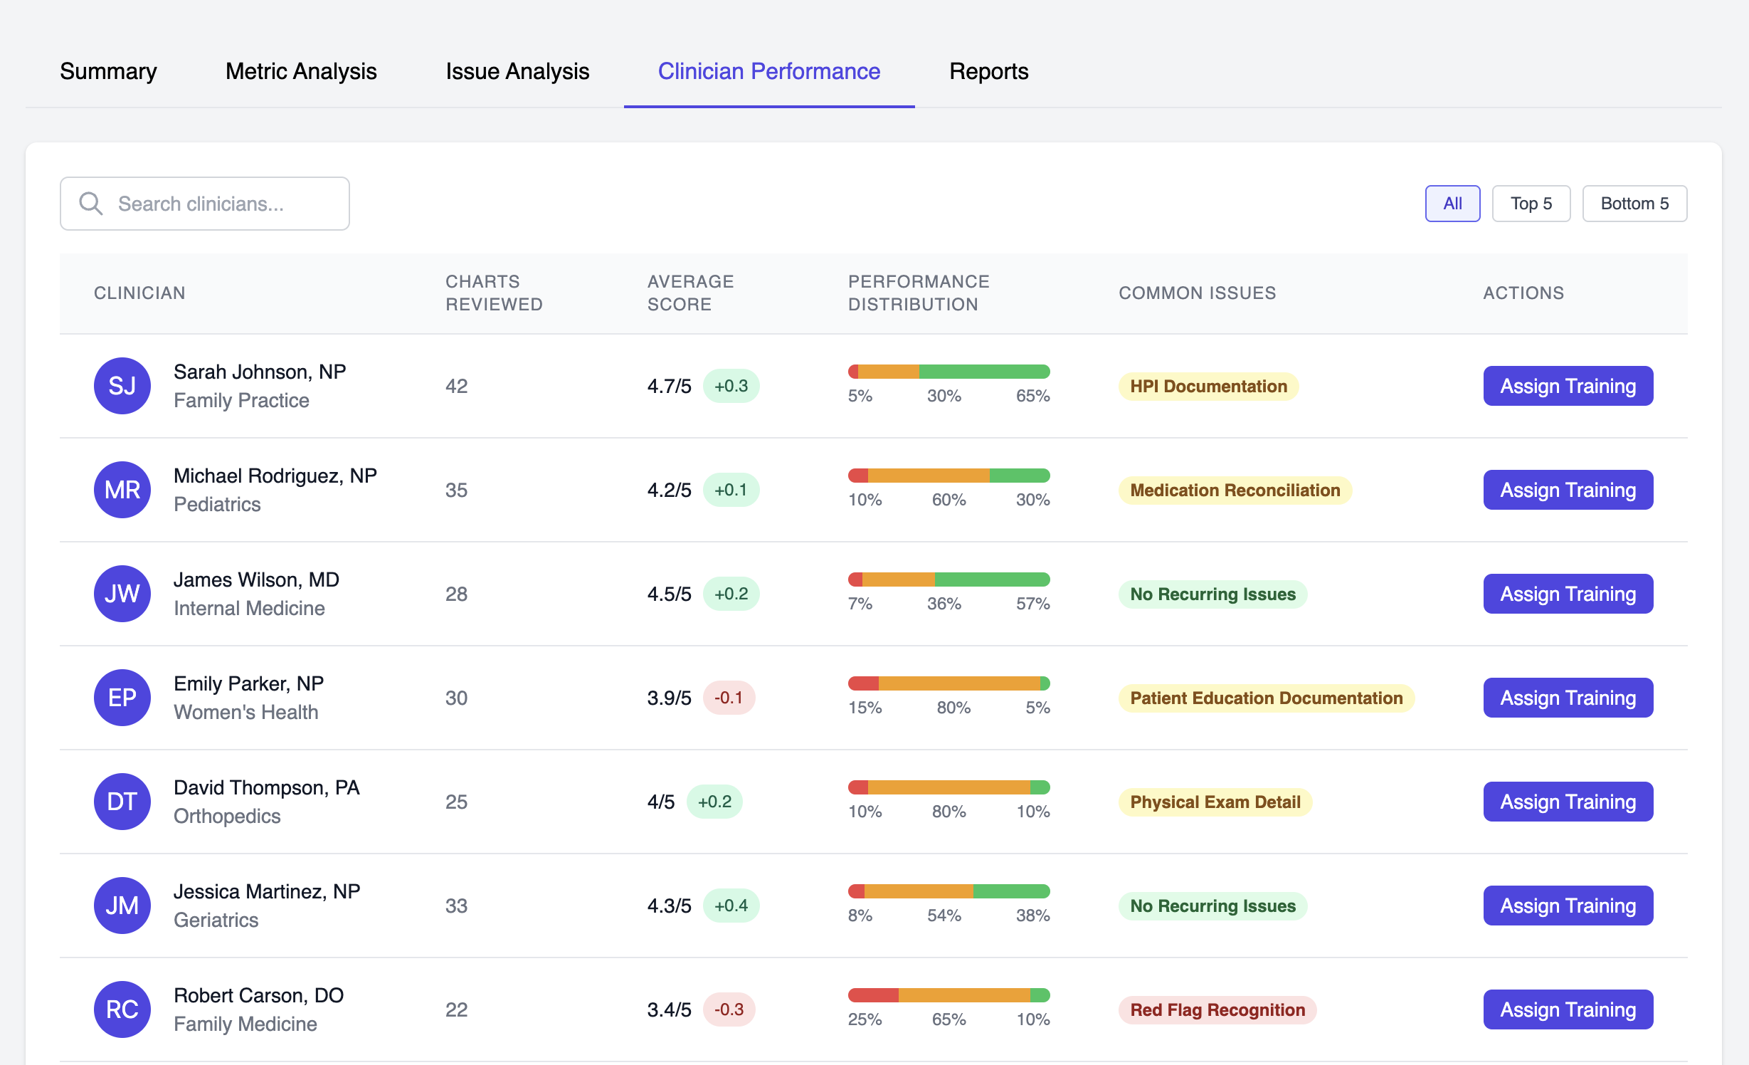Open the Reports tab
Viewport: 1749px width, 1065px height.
[x=988, y=71]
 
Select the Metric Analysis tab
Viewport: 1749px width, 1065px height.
[x=301, y=71]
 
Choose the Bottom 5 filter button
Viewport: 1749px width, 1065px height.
[x=1634, y=204]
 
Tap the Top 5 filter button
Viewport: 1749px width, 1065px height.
[x=1531, y=204]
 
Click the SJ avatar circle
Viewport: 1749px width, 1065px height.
[x=122, y=386]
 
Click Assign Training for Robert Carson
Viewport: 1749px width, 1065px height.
[x=1568, y=1009]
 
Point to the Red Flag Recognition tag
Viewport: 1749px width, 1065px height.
[x=1217, y=1009]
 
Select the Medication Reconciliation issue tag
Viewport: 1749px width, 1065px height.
[x=1235, y=490]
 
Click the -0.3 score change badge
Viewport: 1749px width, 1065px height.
[x=729, y=1009]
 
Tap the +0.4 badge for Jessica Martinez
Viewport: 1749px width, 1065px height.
[x=731, y=906]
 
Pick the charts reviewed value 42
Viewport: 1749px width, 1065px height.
[x=456, y=387]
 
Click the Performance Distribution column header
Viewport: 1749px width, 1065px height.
[x=918, y=293]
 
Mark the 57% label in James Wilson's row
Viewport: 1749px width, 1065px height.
[x=1032, y=604]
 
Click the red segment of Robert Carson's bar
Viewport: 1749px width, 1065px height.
[x=873, y=995]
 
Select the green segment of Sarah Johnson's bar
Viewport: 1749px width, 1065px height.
[x=984, y=372]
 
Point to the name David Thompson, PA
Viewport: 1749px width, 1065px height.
[x=267, y=787]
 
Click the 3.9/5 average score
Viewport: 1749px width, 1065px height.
[x=669, y=698]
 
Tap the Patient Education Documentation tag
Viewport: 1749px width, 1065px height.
[x=1266, y=698]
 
